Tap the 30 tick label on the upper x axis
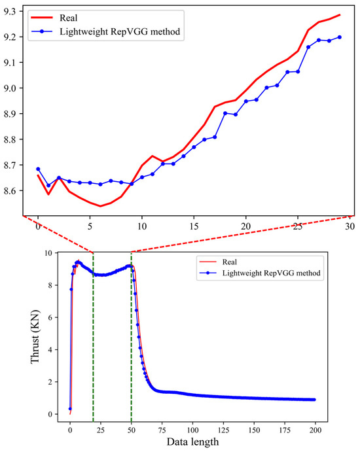pos(350,227)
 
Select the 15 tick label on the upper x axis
pos(194,227)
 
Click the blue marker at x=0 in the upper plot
pos(38,169)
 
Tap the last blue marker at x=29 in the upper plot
pos(339,37)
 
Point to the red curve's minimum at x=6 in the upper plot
pos(100,206)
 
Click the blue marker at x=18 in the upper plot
pos(225,113)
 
